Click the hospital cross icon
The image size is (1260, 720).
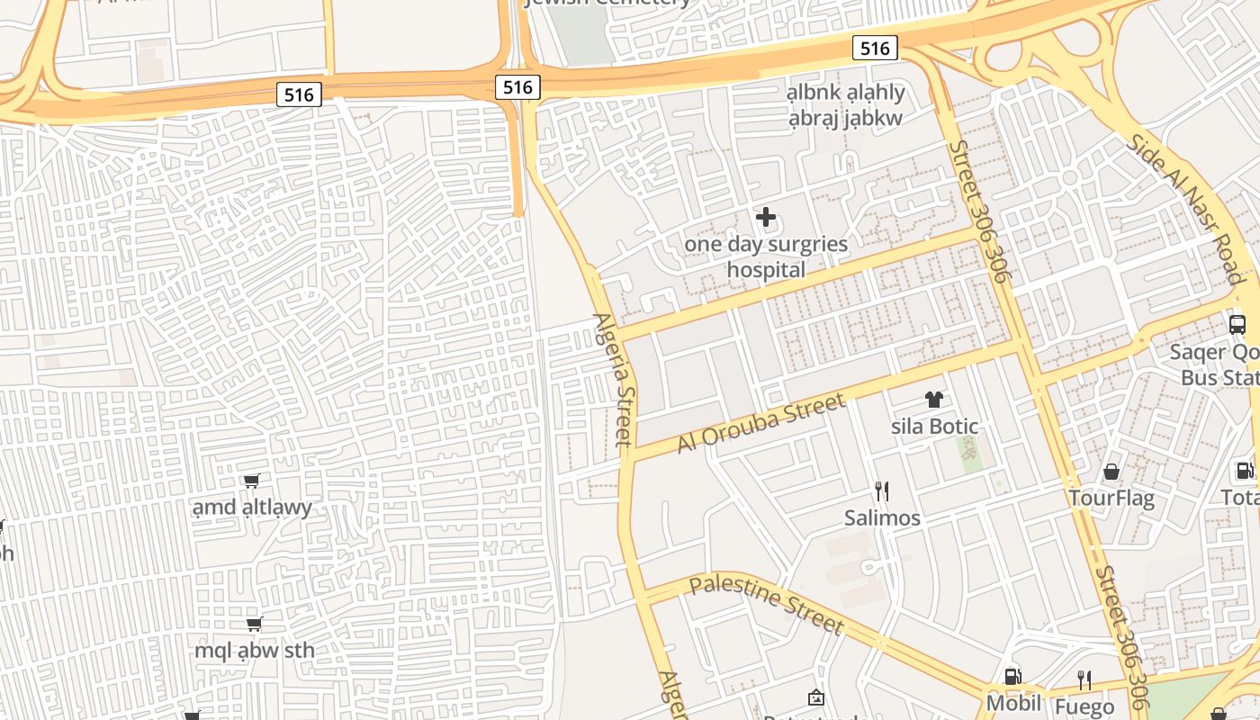766,217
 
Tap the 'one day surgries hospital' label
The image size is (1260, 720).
766,256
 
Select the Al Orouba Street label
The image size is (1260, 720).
761,422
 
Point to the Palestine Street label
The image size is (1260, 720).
767,605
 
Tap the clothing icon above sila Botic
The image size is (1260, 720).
934,400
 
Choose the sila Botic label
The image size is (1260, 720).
934,426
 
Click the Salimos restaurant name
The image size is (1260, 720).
882,517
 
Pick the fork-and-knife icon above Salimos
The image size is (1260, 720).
882,490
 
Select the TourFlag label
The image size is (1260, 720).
1111,498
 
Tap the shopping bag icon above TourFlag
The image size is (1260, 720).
1111,472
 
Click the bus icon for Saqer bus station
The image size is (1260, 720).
1237,325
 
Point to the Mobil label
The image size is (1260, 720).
1013,703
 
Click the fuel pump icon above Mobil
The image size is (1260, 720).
1013,677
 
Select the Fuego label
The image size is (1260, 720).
1084,706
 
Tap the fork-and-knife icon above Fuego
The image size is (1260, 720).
1084,679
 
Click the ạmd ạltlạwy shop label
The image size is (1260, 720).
252,508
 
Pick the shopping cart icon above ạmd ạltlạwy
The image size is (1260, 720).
252,481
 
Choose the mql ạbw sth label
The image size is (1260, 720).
255,650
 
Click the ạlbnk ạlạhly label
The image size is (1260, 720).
845,93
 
